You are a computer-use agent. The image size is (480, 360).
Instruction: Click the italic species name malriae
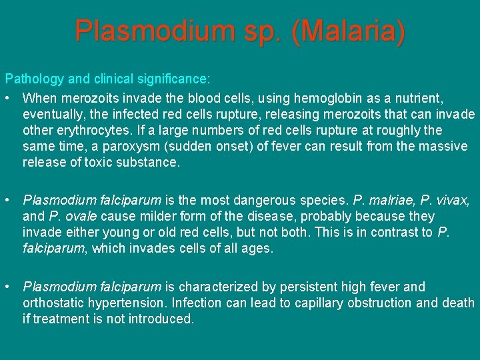(x=389, y=200)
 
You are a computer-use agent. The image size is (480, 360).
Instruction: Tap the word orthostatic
(x=55, y=303)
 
